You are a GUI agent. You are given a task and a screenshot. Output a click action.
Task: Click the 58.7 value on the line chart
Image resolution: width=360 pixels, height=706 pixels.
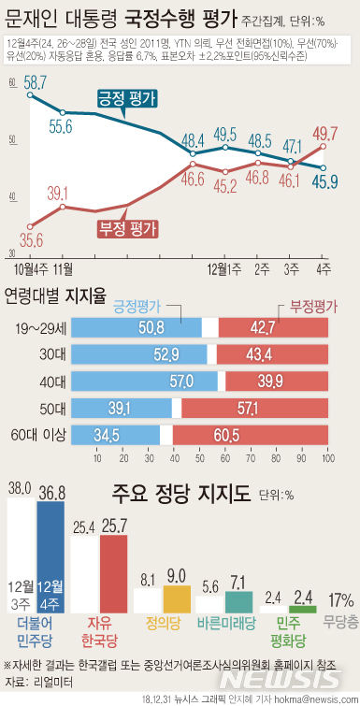pyautogui.click(x=36, y=83)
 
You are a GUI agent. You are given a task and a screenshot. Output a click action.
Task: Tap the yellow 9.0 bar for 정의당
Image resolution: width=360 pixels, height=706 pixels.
pyautogui.click(x=177, y=599)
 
